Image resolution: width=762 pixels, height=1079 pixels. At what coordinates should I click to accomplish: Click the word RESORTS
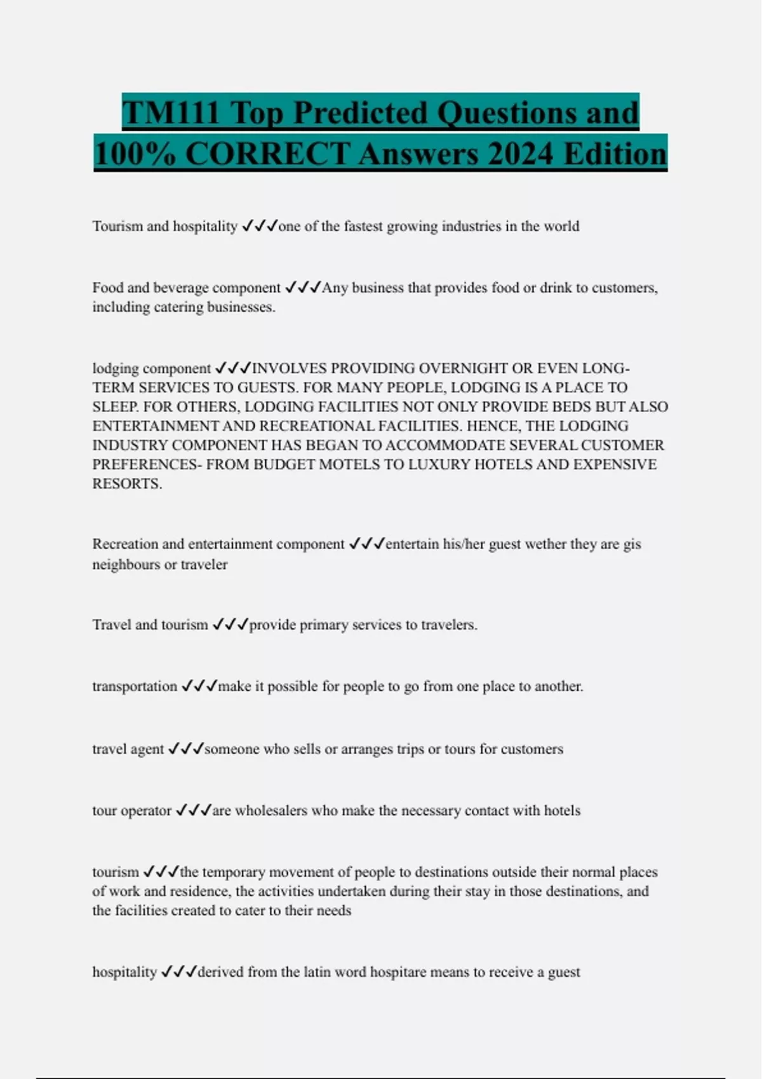click(x=126, y=484)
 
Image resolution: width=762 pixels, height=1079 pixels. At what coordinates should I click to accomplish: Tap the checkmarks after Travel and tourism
click(x=230, y=625)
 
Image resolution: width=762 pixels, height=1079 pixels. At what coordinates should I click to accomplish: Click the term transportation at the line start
click(x=135, y=686)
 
